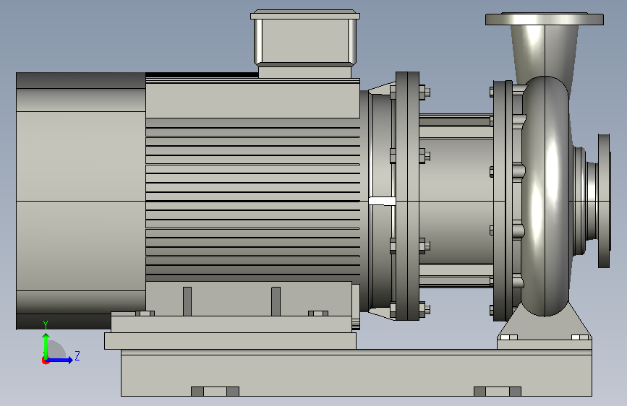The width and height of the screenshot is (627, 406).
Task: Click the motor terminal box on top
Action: pyautogui.click(x=304, y=43)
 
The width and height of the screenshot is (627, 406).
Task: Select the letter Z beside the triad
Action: pyautogui.click(x=77, y=355)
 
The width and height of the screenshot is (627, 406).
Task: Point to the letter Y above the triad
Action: pyautogui.click(x=46, y=324)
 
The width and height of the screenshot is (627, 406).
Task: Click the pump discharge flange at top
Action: pyautogui.click(x=545, y=19)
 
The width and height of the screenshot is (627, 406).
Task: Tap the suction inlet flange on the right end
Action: pyautogui.click(x=604, y=201)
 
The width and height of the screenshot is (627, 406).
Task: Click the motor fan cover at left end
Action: pyautogui.click(x=81, y=201)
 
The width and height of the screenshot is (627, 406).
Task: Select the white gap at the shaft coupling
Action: pyautogui.click(x=382, y=201)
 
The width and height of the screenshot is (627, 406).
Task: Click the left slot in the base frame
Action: pyautogui.click(x=215, y=392)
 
